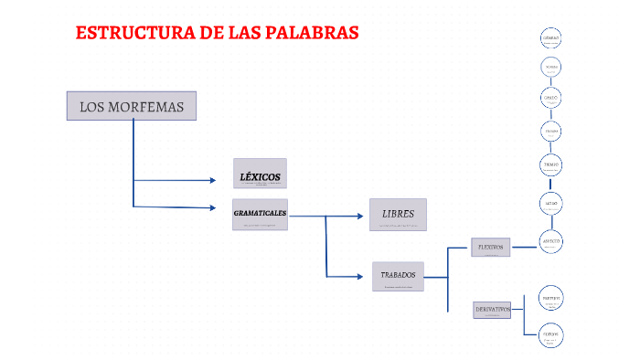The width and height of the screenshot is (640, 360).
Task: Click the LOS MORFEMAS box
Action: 132,106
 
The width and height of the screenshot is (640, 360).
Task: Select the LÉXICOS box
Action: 260,174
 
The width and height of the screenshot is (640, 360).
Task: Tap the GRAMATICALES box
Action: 260,214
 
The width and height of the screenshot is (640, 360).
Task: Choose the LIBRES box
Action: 398,215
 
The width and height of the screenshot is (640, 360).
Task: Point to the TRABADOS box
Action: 398,275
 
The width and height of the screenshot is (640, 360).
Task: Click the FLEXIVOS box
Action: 493,247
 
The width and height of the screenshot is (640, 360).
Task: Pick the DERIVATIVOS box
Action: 492,310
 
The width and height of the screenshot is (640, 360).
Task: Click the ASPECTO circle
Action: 550,241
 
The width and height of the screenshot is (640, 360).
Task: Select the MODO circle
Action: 550,203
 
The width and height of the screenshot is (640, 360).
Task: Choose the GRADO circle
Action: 550,98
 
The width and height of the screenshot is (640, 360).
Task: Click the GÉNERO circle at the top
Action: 550,38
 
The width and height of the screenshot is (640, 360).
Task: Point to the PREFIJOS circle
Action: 550,299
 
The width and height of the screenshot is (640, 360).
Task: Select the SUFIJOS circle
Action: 550,335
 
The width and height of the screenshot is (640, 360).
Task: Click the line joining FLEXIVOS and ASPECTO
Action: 526,245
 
